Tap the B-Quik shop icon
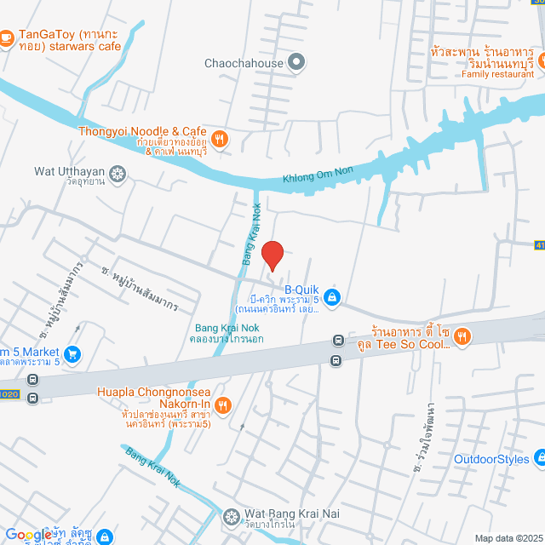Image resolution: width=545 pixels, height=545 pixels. [332, 297]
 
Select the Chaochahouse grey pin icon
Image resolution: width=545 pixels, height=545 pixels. [296, 62]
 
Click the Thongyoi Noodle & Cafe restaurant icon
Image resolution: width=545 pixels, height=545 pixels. [220, 139]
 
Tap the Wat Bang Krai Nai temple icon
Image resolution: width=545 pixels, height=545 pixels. [231, 516]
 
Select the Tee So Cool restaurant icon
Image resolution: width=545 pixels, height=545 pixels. [462, 336]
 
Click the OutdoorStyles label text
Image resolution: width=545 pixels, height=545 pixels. [491, 459]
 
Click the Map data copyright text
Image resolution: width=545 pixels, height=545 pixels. [508, 538]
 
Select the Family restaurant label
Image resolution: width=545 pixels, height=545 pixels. [498, 74]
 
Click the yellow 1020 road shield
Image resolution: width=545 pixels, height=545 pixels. [8, 394]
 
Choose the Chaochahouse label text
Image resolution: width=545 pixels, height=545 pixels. [244, 62]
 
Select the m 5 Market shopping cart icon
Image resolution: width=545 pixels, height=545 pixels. [73, 353]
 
